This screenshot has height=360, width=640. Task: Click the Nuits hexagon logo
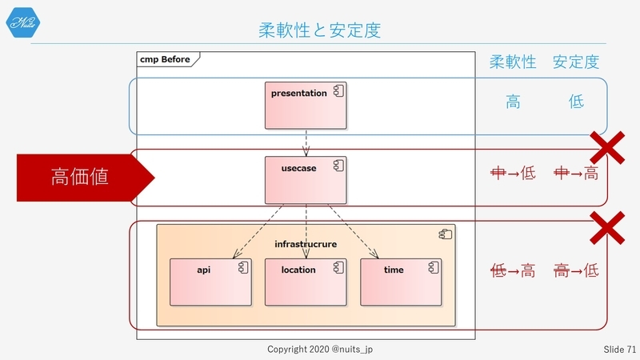coord(23,22)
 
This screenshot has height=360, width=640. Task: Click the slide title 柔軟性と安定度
coord(319,30)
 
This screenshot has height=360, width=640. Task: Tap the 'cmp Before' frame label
coord(165,59)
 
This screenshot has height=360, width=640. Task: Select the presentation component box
coord(306,106)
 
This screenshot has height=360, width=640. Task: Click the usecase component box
coord(306,180)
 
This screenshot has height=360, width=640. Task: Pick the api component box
coord(210,282)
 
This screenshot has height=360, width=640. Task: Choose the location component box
coord(306,282)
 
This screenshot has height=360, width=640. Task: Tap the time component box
coord(401,282)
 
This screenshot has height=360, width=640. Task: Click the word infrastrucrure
coord(306,244)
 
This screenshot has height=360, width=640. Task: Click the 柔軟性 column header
coord(513,62)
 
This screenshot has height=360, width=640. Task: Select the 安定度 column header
coord(576,62)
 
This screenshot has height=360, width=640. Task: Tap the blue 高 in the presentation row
coord(513,102)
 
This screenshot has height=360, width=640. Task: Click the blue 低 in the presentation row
coord(576,102)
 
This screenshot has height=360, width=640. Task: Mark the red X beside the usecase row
coord(607,148)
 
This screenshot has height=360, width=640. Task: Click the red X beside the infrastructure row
coord(607,228)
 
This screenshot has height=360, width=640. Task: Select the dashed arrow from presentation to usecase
coord(306,143)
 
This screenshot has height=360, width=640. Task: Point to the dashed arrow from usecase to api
coord(258,231)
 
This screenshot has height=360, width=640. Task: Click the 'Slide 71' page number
coord(619,350)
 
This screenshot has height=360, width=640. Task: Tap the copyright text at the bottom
coord(320,349)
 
